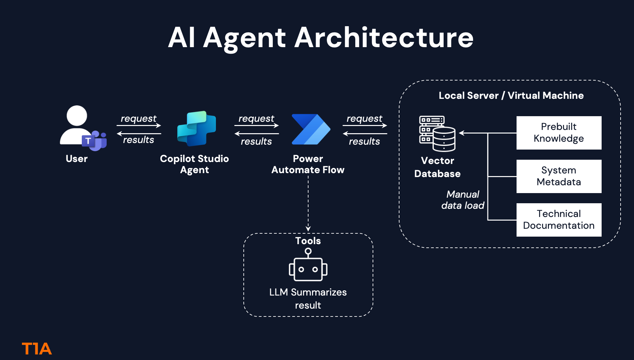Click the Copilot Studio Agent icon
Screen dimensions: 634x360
[196, 129]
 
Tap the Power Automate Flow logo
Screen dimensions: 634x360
[311, 129]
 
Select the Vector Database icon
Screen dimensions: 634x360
[437, 134]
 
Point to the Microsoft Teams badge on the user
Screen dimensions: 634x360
[94, 141]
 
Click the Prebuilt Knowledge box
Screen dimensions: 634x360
[559, 133]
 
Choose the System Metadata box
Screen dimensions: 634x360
[559, 176]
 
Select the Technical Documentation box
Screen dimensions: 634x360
[559, 220]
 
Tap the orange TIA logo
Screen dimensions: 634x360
[37, 349]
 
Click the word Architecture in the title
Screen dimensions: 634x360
[384, 38]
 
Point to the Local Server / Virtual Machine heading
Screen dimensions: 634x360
[511, 96]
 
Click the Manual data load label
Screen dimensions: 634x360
[463, 200]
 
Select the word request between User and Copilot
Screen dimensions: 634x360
[139, 119]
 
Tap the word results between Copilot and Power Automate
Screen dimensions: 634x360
[256, 141]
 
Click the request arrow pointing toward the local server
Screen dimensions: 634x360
[365, 125]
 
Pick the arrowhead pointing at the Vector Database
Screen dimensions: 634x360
[462, 133]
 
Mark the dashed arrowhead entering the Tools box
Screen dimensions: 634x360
[308, 228]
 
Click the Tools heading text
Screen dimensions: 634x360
[308, 241]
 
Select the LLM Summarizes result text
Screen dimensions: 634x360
[308, 298]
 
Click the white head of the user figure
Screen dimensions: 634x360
[77, 116]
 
